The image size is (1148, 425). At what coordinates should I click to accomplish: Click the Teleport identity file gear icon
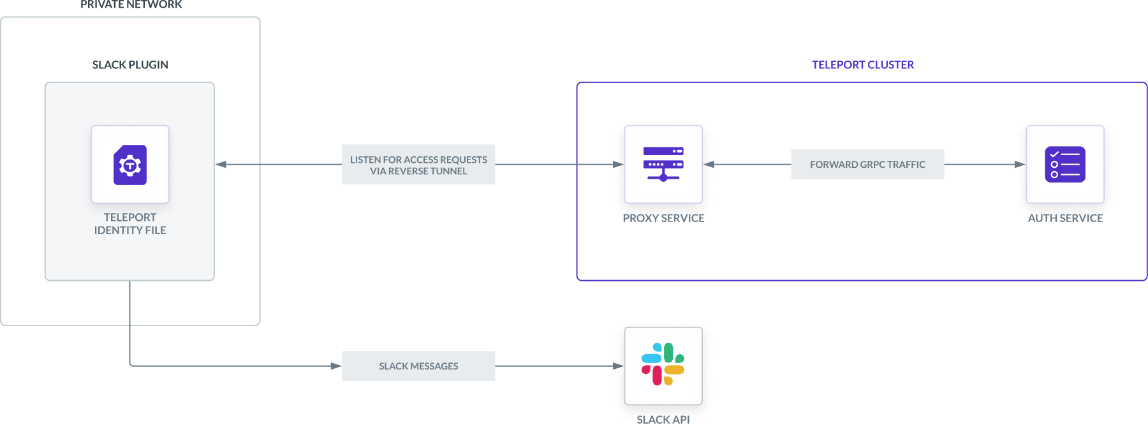[x=130, y=165]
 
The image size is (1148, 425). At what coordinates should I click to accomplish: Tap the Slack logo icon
[x=663, y=364]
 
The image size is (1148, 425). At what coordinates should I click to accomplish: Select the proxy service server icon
[x=663, y=164]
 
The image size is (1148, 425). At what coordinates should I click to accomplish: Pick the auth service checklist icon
[x=1065, y=164]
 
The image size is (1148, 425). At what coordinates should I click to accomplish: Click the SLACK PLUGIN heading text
[x=130, y=65]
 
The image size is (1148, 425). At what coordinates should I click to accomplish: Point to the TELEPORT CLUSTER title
[x=862, y=65]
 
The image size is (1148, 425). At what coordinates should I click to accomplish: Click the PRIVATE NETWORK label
[x=131, y=5]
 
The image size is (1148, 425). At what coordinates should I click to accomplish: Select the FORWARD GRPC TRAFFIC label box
[x=867, y=165]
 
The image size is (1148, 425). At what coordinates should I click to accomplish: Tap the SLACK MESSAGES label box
[x=418, y=366]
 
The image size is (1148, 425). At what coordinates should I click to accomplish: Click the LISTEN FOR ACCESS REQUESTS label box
[x=418, y=165]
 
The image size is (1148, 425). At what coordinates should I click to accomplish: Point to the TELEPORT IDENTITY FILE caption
[x=130, y=224]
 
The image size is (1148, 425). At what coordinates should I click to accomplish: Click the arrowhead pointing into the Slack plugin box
[x=221, y=165]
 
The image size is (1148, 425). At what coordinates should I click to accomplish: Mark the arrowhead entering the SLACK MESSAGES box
[x=335, y=366]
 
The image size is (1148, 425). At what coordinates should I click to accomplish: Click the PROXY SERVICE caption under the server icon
[x=663, y=218]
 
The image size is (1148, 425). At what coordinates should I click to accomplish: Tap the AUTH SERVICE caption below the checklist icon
[x=1065, y=218]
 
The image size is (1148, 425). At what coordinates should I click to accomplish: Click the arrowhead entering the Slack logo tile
[x=619, y=366]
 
